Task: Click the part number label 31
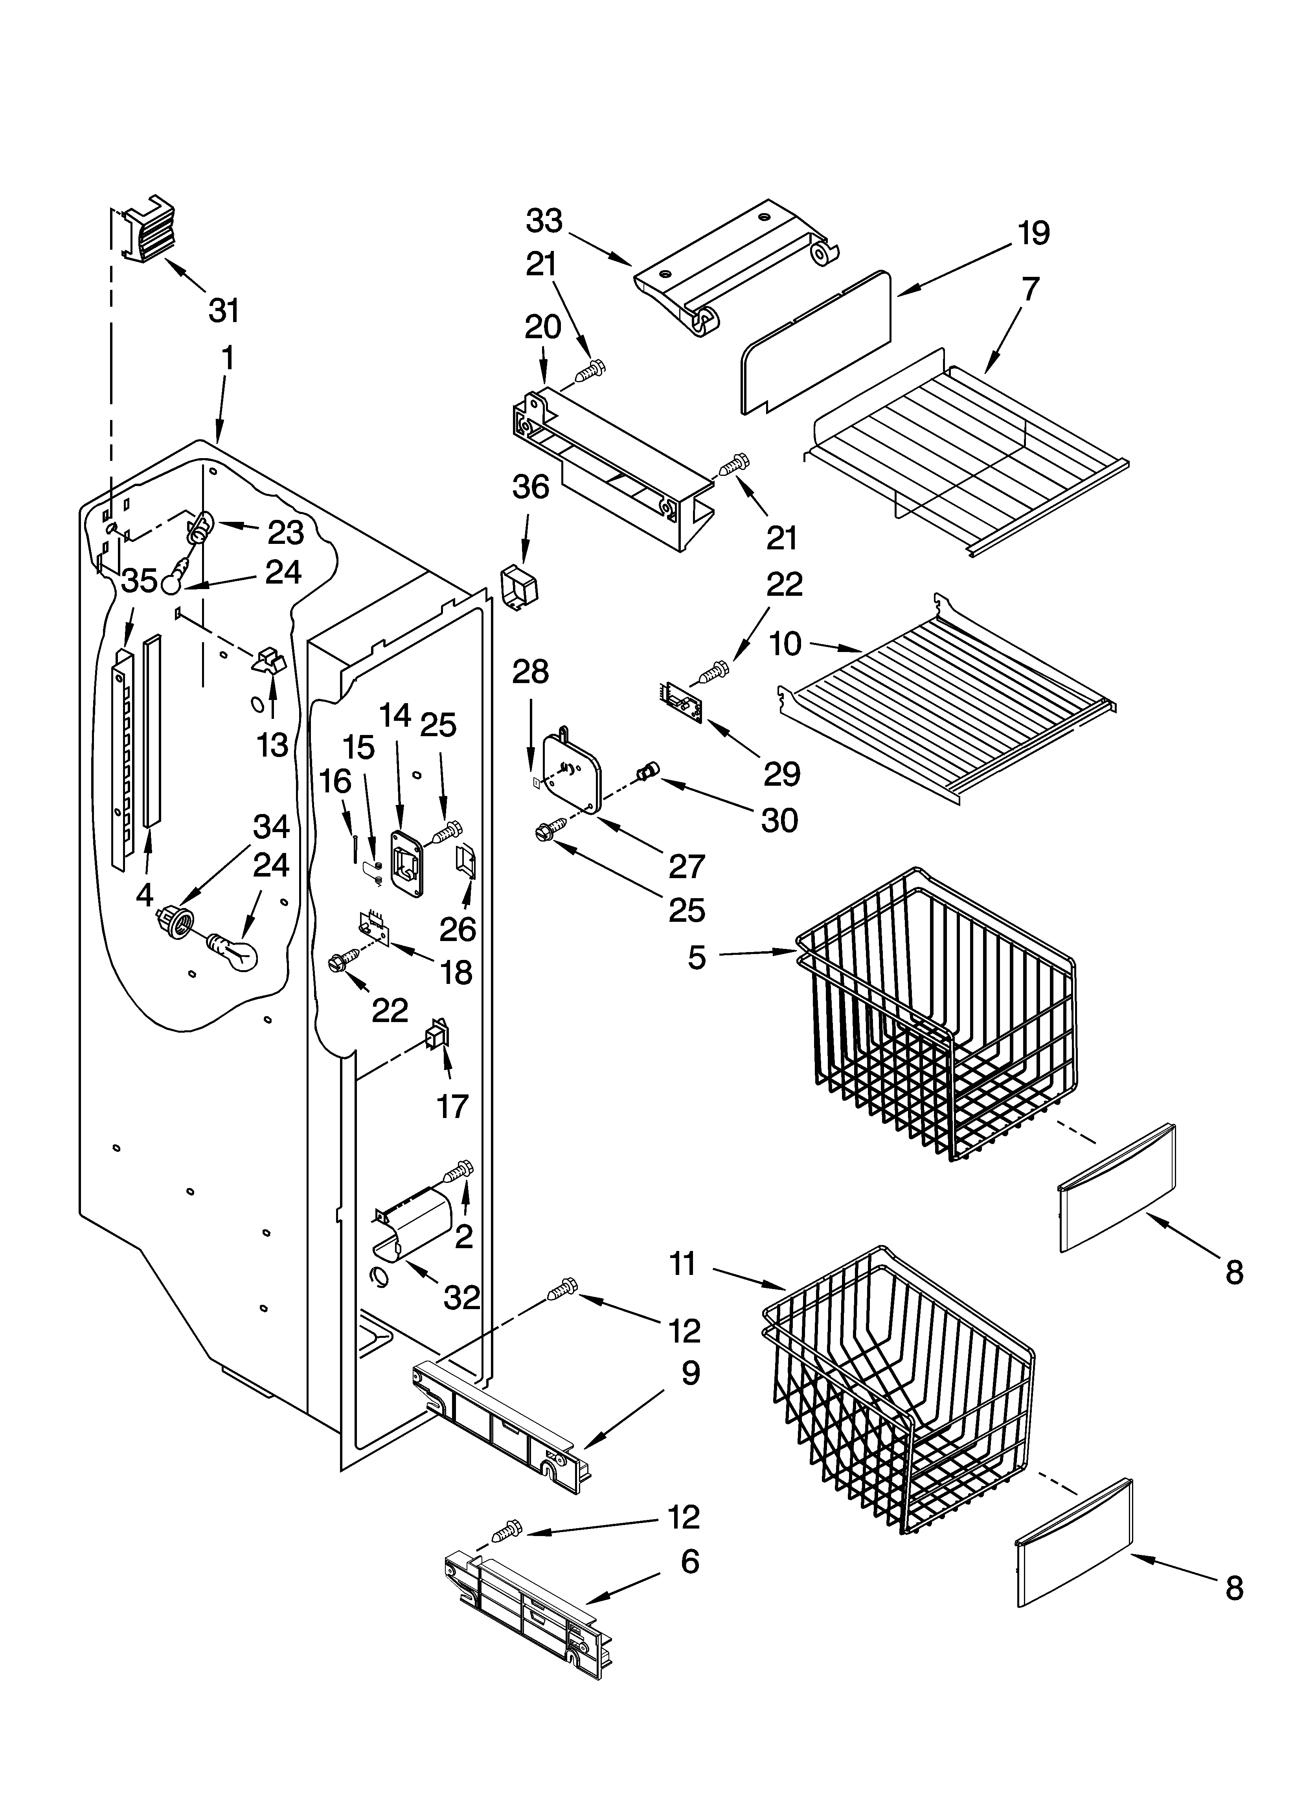(224, 310)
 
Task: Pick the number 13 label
(272, 745)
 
